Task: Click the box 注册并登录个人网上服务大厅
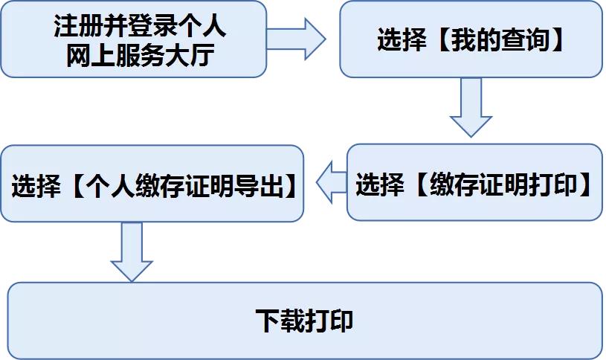[134, 39]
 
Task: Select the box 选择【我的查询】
[471, 39]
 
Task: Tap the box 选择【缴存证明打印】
[474, 183]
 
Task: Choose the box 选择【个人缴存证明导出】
[152, 184]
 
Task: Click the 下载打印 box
[304, 321]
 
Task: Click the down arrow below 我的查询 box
[471, 108]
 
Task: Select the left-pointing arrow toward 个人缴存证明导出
[331, 184]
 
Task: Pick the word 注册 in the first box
[71, 27]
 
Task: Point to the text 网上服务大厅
[140, 54]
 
